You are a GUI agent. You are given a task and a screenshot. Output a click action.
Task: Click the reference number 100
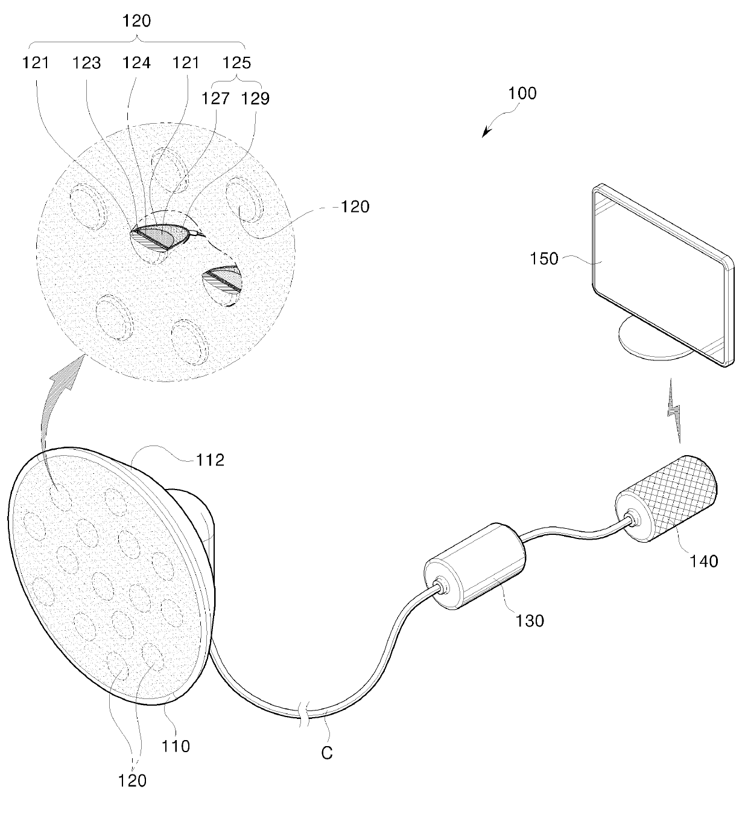click(x=522, y=94)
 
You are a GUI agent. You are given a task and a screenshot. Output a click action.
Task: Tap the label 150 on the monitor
click(x=544, y=260)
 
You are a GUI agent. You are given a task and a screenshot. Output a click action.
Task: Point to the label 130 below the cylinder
click(x=530, y=620)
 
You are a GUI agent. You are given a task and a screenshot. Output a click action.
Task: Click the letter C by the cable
click(x=326, y=753)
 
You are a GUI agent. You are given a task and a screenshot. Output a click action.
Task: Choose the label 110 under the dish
click(x=176, y=746)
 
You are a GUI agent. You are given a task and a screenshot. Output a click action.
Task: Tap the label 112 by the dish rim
click(x=210, y=460)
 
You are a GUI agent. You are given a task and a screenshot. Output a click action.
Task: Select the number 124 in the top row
click(x=136, y=63)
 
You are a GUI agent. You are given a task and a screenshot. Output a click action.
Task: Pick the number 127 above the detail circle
click(x=217, y=98)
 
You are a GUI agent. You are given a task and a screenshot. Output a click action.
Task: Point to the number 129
click(x=256, y=98)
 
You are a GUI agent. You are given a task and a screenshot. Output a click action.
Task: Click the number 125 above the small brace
click(x=237, y=63)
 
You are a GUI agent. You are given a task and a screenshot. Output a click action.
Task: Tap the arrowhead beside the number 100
click(x=486, y=133)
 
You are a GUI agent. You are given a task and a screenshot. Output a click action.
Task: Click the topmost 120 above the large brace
click(x=136, y=21)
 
